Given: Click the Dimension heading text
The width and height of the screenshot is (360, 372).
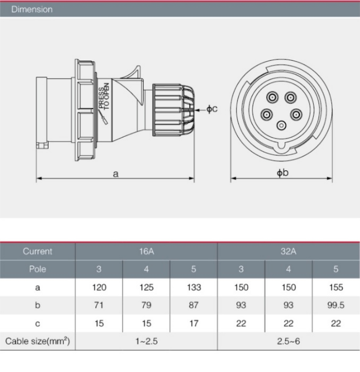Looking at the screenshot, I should pyautogui.click(x=32, y=9).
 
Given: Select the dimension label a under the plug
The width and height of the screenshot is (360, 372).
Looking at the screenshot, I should pyautogui.click(x=116, y=174).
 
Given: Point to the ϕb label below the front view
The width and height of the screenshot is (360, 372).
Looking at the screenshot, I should pyautogui.click(x=283, y=173).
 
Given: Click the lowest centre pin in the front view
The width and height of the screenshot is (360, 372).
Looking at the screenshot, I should pyautogui.click(x=281, y=126).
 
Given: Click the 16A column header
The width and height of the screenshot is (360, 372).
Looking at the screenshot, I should pyautogui.click(x=146, y=251).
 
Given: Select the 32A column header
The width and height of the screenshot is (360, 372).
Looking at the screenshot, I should pyautogui.click(x=288, y=251).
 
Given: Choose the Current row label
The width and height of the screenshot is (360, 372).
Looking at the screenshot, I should pyautogui.click(x=37, y=251).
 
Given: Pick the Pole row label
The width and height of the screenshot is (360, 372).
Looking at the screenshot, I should pyautogui.click(x=37, y=269).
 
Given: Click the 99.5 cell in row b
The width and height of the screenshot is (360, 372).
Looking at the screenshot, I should pyautogui.click(x=336, y=305).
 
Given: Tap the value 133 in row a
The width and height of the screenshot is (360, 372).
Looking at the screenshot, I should pyautogui.click(x=194, y=287).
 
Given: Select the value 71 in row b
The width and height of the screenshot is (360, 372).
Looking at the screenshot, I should pyautogui.click(x=99, y=305).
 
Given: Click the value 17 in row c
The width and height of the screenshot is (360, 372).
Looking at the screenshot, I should pyautogui.click(x=194, y=323).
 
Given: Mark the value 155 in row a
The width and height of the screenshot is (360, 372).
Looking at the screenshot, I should pyautogui.click(x=336, y=287).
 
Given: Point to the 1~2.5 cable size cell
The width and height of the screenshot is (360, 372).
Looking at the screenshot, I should pyautogui.click(x=146, y=341).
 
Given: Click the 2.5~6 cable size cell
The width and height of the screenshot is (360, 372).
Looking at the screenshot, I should pyautogui.click(x=288, y=341).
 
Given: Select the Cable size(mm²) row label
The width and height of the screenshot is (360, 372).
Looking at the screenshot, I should pyautogui.click(x=37, y=341).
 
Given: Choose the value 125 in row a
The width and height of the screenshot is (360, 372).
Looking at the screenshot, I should pyautogui.click(x=146, y=287).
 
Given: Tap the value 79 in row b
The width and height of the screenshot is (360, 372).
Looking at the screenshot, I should pyautogui.click(x=146, y=305).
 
